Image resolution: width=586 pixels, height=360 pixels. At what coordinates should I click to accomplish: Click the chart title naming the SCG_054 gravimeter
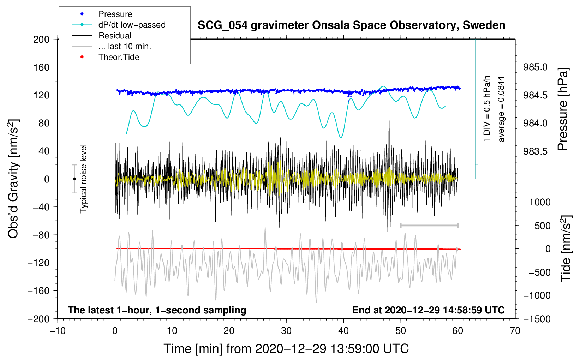coord(351,25)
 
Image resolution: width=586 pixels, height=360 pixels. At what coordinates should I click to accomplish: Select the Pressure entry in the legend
coord(115,14)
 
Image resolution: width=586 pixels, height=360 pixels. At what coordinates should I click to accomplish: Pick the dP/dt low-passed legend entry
coord(132,25)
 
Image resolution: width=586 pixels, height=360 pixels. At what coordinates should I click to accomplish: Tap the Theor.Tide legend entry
coord(119,57)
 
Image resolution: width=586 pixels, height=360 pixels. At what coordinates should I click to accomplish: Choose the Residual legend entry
coord(115,36)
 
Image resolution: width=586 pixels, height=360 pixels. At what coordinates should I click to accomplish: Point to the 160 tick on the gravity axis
coord(41,67)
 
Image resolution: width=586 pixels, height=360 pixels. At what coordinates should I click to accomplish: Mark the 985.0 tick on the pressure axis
coord(535,67)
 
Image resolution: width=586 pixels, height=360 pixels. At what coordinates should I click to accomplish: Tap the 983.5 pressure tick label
coord(535,151)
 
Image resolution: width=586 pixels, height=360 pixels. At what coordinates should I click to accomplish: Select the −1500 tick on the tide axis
coord(537,319)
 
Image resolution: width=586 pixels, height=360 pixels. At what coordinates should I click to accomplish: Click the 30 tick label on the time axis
coord(286,331)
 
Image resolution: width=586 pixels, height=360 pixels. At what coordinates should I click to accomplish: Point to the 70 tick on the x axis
coord(515,331)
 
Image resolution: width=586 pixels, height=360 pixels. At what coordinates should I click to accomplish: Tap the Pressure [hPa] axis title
coord(563,109)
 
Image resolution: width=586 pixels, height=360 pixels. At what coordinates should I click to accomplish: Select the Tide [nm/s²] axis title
coord(566,248)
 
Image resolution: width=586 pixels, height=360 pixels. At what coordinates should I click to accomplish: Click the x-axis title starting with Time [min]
coord(286,349)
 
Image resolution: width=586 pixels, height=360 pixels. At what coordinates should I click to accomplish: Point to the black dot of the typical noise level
coord(74,179)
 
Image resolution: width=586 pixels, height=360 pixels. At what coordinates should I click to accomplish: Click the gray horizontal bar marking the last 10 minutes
coord(429,225)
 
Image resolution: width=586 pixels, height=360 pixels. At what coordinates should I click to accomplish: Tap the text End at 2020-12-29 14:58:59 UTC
coord(428,310)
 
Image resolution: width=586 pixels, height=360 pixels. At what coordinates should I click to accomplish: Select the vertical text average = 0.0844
coord(501,109)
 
